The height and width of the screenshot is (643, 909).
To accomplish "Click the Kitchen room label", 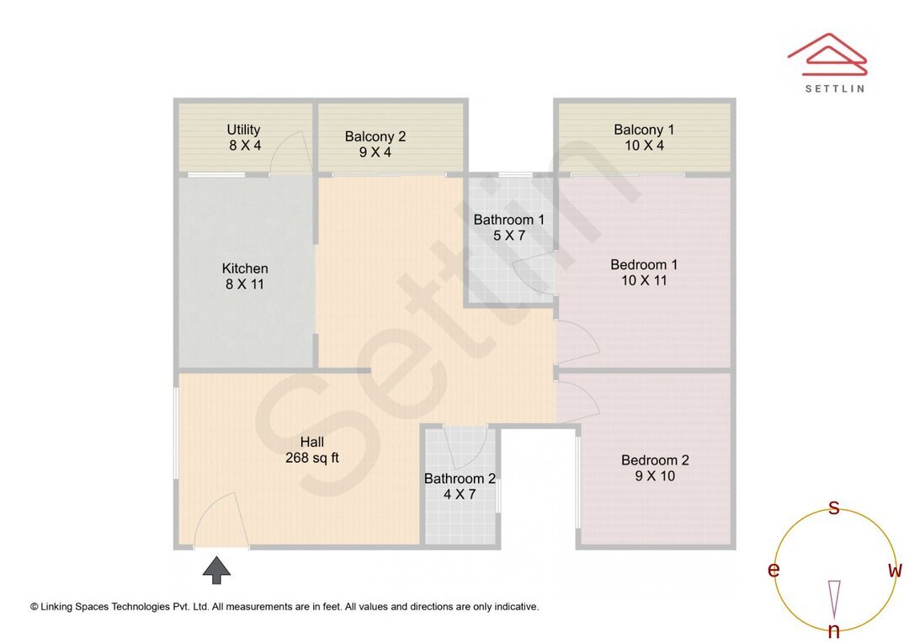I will click(x=245, y=268).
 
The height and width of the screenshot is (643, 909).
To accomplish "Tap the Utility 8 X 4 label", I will click(x=244, y=137).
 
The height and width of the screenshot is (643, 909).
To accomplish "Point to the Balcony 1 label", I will click(x=644, y=130).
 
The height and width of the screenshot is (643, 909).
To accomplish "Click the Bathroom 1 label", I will click(x=509, y=220).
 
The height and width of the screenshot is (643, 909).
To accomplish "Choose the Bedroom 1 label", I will click(x=644, y=264).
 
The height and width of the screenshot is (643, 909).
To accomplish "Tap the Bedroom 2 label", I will click(x=655, y=460).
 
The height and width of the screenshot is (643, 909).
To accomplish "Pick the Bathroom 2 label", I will click(x=460, y=479).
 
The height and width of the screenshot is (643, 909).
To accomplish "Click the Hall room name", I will click(x=312, y=442).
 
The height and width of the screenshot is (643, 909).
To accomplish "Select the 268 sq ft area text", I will click(x=312, y=458).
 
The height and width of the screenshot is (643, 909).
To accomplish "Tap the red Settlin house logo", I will click(x=827, y=51).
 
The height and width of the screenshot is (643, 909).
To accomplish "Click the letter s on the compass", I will click(x=834, y=507).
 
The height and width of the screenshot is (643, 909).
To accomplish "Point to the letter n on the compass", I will click(x=834, y=631).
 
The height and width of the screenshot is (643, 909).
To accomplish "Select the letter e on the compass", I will click(x=773, y=571).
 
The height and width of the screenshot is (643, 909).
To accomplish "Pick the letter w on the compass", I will click(x=896, y=571).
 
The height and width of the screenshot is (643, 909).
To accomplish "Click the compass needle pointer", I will click(x=834, y=598).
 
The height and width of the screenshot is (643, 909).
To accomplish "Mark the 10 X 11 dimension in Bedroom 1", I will click(x=644, y=280).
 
